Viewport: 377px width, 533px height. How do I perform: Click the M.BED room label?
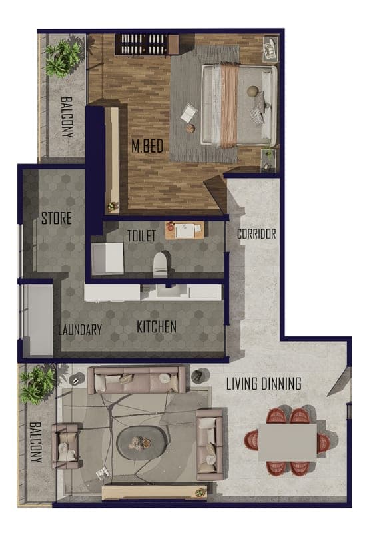(x=147, y=146)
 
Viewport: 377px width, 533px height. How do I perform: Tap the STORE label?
(x=57, y=219)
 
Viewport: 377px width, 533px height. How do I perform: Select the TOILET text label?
(x=141, y=236)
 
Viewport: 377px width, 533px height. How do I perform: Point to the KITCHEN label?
(x=157, y=327)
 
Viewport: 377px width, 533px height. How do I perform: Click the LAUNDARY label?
(x=80, y=330)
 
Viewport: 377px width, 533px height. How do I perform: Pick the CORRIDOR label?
(x=256, y=234)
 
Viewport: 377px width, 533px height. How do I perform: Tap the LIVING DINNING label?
(x=264, y=384)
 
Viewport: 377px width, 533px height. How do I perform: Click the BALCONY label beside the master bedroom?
(x=67, y=117)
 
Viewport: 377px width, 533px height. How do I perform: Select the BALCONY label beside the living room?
(x=36, y=442)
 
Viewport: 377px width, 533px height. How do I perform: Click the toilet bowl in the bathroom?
(x=161, y=264)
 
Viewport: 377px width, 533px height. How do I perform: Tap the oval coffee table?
(x=141, y=443)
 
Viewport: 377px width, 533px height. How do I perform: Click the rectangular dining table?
(x=288, y=442)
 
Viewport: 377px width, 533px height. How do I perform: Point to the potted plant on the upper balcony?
(x=64, y=58)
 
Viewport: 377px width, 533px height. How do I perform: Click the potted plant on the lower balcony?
(x=37, y=385)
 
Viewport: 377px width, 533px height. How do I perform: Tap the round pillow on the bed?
(x=252, y=91)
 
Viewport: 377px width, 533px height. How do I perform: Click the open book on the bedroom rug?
(x=188, y=113)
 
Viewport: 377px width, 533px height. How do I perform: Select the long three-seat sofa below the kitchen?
(x=137, y=380)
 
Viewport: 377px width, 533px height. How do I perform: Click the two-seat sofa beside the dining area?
(x=210, y=444)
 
